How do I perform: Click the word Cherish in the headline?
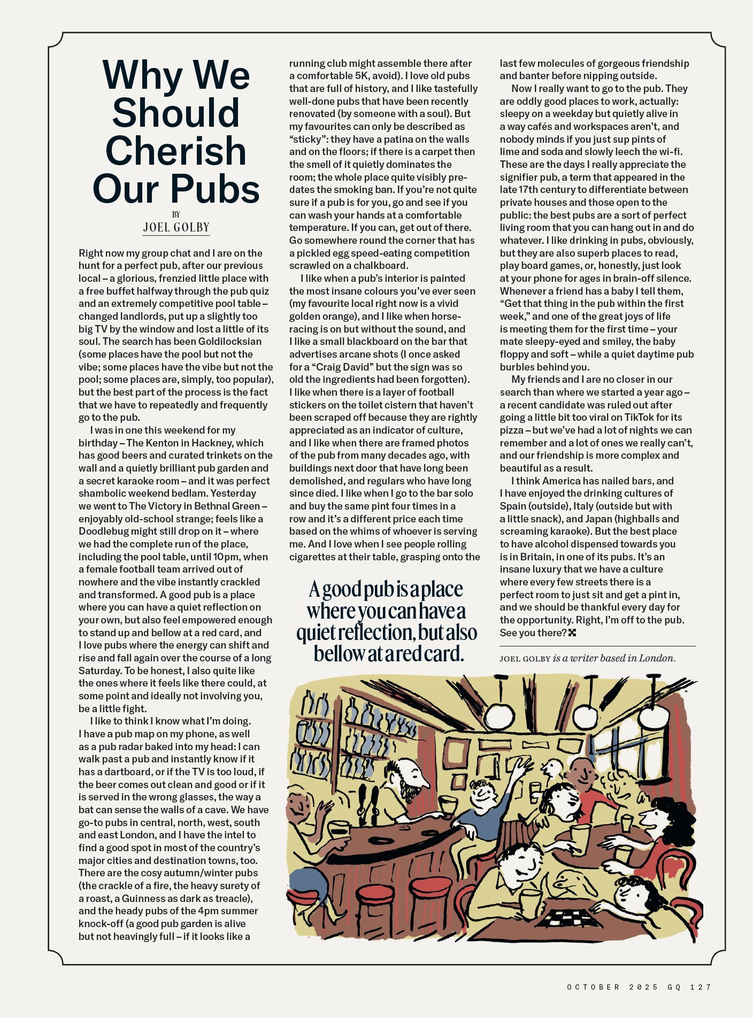click(176, 151)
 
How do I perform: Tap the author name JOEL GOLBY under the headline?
click(176, 227)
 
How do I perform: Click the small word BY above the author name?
click(176, 214)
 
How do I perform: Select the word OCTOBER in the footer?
click(594, 987)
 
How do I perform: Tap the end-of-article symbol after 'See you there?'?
click(572, 633)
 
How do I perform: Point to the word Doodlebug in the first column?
click(103, 531)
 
